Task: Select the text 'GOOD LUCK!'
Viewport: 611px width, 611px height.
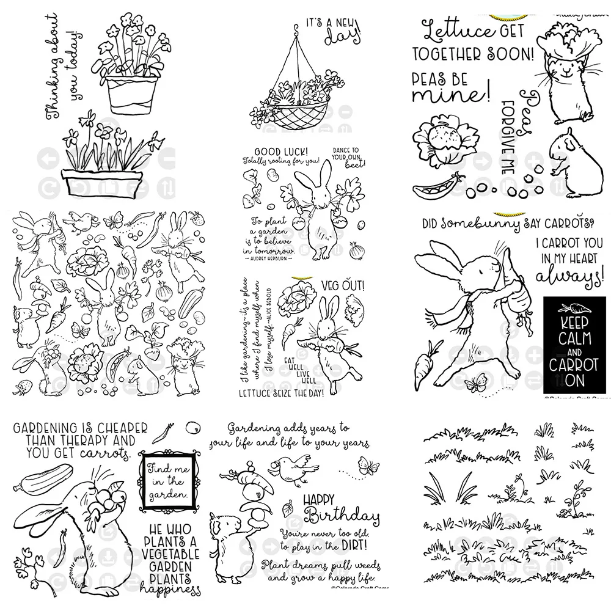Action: pos(269,152)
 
